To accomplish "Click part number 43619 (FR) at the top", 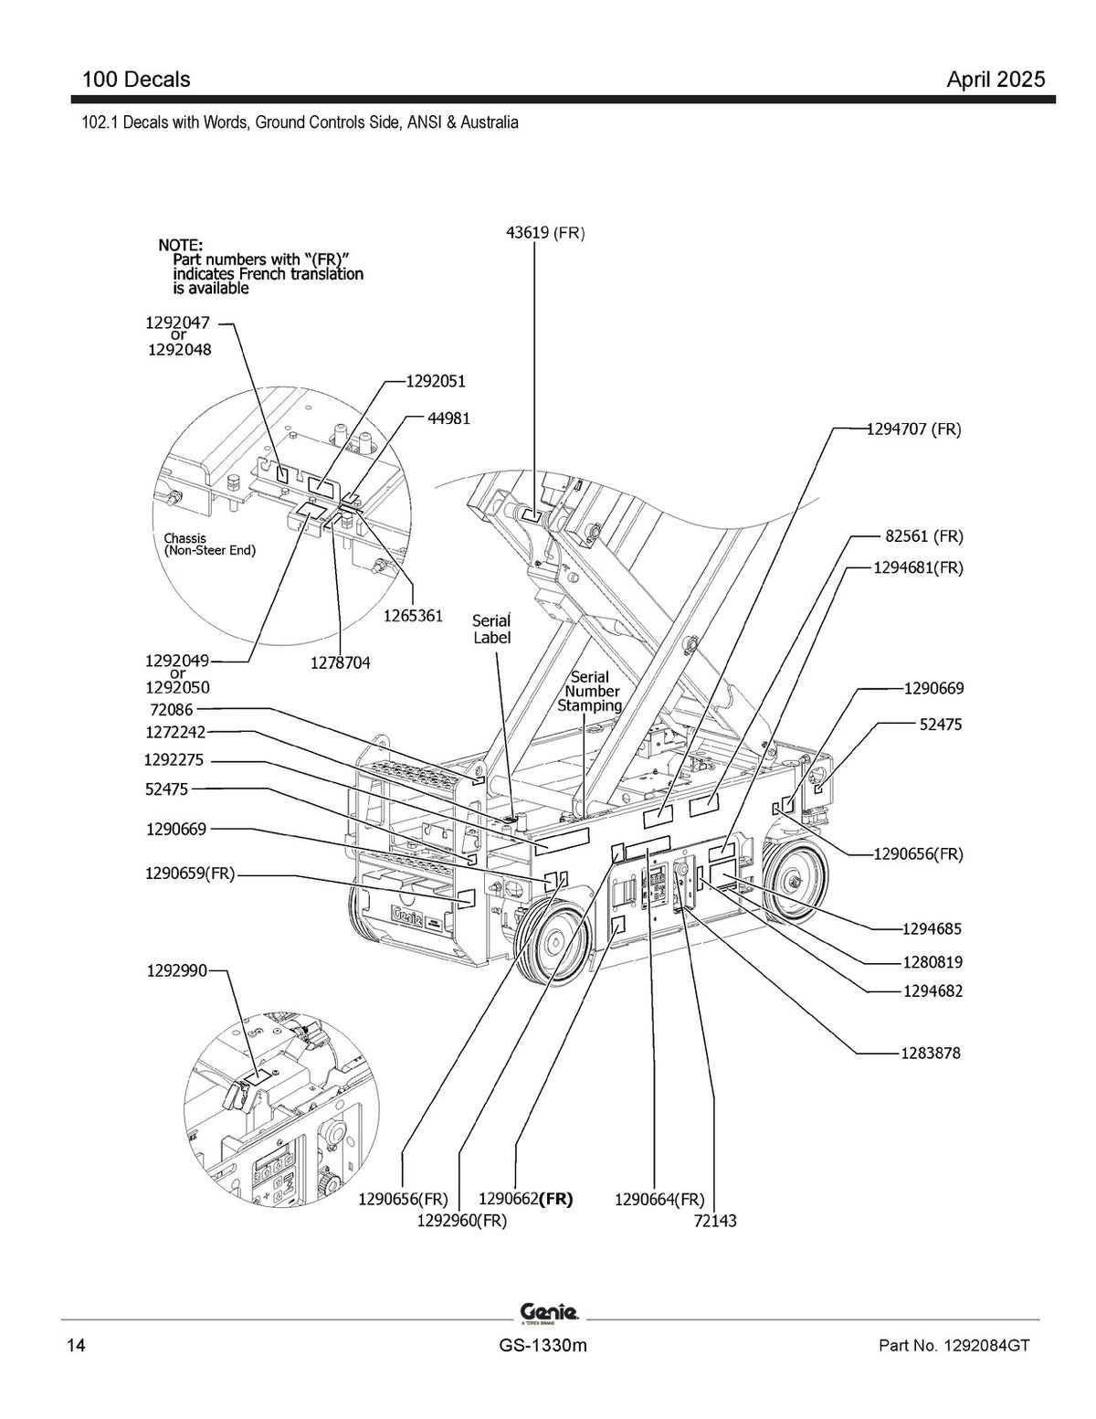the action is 545,233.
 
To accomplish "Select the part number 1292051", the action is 436,381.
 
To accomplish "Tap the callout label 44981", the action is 448,418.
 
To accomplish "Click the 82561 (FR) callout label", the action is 923,536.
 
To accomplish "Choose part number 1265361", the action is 413,616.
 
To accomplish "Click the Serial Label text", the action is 491,629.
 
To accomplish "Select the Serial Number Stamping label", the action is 589,691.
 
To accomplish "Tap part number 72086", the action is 171,710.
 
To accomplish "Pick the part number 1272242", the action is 175,733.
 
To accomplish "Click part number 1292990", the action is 176,971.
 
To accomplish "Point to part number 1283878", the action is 931,1054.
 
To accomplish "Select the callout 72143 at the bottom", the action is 715,1221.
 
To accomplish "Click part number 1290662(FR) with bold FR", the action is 525,1200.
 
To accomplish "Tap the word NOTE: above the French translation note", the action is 181,246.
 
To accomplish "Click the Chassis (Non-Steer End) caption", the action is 209,545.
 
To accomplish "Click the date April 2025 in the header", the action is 996,79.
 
